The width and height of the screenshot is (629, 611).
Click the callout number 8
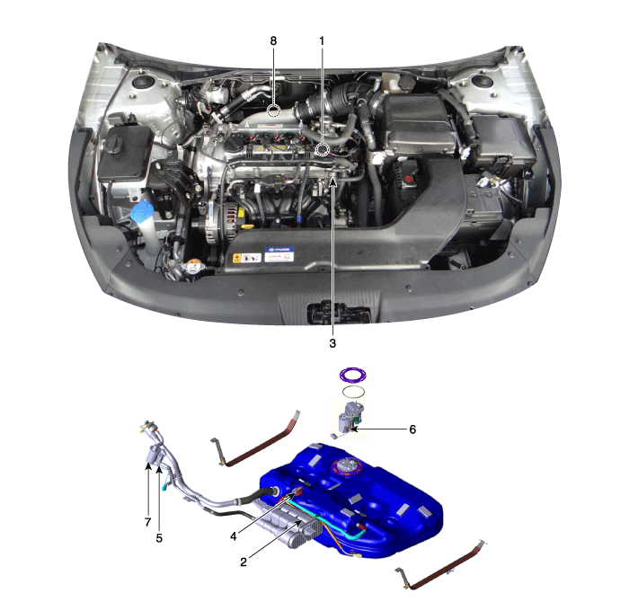pyautogui.click(x=273, y=41)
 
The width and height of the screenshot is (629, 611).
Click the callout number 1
pyautogui.click(x=322, y=41)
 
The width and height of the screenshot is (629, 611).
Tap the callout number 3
pyautogui.click(x=332, y=343)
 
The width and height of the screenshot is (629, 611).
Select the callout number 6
pyautogui.click(x=412, y=429)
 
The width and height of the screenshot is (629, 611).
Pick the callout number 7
pyautogui.click(x=147, y=522)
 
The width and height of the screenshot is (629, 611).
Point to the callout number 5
pyautogui.click(x=159, y=538)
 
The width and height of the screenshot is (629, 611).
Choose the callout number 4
pyautogui.click(x=234, y=536)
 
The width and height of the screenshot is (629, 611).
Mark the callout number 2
pyautogui.click(x=244, y=562)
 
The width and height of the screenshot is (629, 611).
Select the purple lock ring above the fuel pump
pyautogui.click(x=352, y=375)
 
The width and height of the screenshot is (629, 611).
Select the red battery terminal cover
pyautogui.click(x=409, y=179)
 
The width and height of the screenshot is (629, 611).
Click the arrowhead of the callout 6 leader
pyautogui.click(x=352, y=429)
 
